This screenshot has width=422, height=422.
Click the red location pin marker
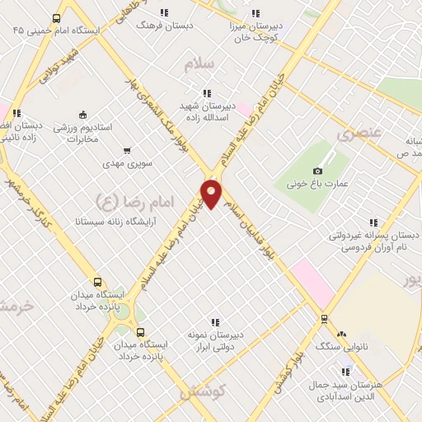point(212,194)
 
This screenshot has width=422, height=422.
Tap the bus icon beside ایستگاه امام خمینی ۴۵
point(56,18)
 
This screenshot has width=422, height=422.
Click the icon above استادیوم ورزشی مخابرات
point(82,115)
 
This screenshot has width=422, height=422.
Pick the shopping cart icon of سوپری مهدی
point(126,151)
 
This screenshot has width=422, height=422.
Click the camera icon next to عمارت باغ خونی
point(318,171)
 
